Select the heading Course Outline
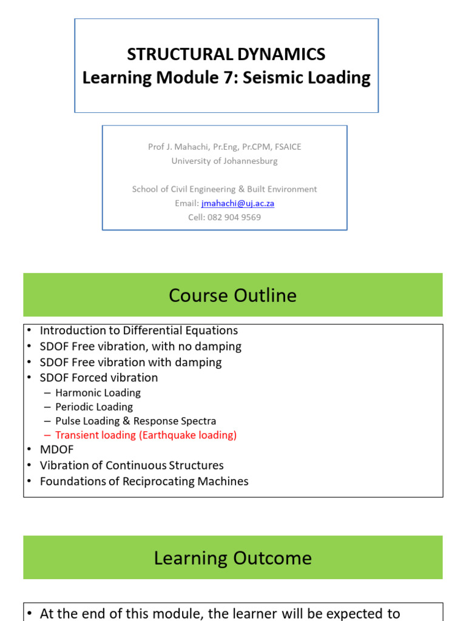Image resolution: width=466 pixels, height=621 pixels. pyautogui.click(x=232, y=295)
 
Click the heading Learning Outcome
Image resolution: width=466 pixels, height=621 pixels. pyautogui.click(x=232, y=558)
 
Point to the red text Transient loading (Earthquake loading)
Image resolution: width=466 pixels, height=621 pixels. pyautogui.click(x=146, y=435)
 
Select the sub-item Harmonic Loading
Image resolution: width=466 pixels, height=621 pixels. pyautogui.click(x=98, y=393)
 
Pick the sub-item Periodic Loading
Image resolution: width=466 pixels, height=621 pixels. pyautogui.click(x=94, y=407)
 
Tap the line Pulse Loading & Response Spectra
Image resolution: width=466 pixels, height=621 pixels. pyautogui.click(x=135, y=421)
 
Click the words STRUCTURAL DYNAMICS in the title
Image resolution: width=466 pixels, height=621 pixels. pyautogui.click(x=226, y=55)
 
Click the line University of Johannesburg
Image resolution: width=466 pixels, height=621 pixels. pyautogui.click(x=225, y=161)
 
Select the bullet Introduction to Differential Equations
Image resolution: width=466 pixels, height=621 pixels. pyautogui.click(x=138, y=331)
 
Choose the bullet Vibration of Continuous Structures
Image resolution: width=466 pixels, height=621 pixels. pyautogui.click(x=132, y=465)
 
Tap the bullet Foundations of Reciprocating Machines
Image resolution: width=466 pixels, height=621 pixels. pyautogui.click(x=144, y=482)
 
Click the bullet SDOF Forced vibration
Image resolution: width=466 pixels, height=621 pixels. pyautogui.click(x=98, y=377)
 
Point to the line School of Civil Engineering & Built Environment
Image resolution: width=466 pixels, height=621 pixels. pyautogui.click(x=225, y=189)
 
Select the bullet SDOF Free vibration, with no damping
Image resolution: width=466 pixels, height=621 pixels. pyautogui.click(x=140, y=346)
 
